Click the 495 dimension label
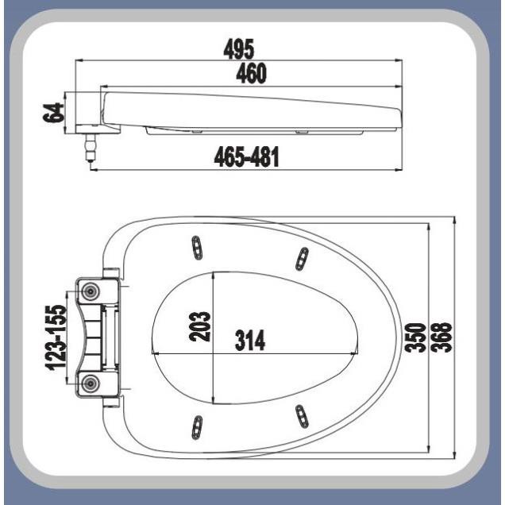tap(239, 49)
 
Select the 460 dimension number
tap(251, 73)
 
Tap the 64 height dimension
tap(52, 113)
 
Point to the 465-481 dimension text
tap(246, 157)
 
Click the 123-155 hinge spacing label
tap(56, 337)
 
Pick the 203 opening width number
tap(199, 326)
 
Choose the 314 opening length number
tap(250, 340)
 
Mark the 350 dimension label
tap(415, 337)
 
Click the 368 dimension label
tap(441, 337)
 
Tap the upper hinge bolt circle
tap(91, 291)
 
